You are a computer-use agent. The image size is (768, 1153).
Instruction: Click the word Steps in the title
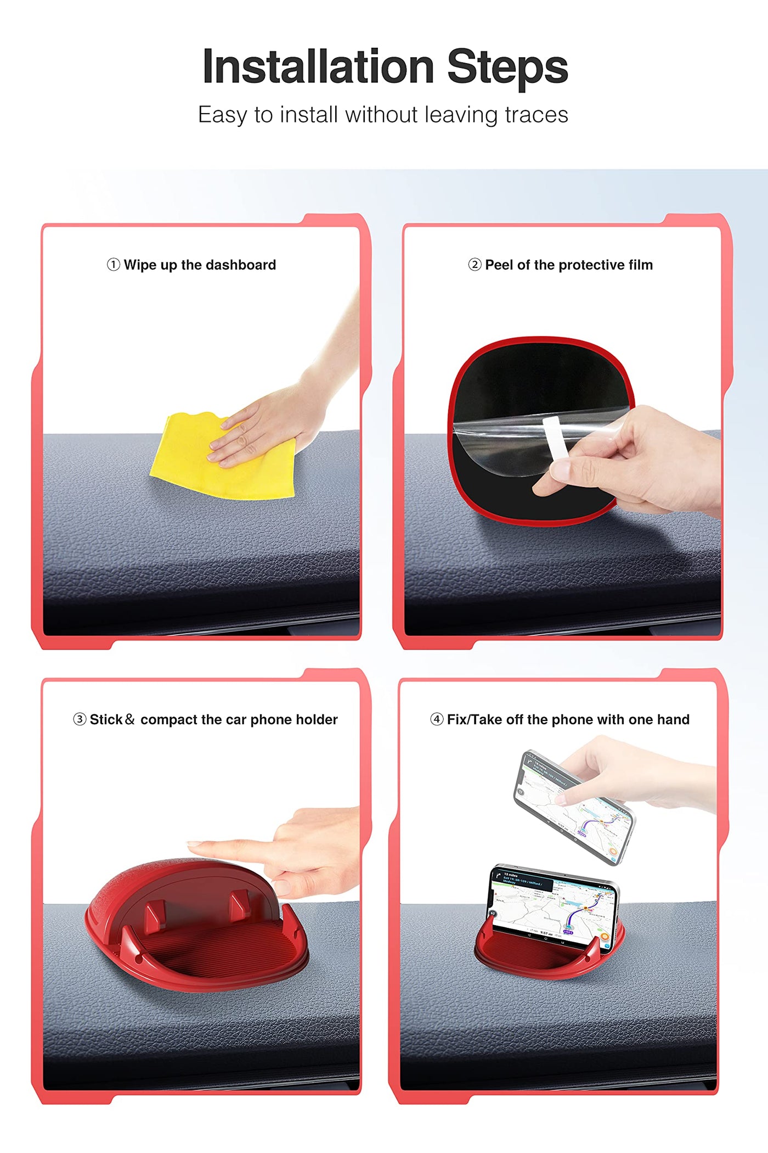coord(507,67)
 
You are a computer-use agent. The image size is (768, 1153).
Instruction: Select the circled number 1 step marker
coord(113,265)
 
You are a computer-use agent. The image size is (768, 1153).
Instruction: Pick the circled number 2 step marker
coord(475,265)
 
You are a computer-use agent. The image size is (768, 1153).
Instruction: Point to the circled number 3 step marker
coord(80,719)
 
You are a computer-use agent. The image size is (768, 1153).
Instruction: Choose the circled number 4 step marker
coord(437,719)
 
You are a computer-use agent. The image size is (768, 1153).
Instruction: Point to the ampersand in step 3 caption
coord(129,719)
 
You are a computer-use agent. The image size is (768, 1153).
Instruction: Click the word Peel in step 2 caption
coord(499,265)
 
